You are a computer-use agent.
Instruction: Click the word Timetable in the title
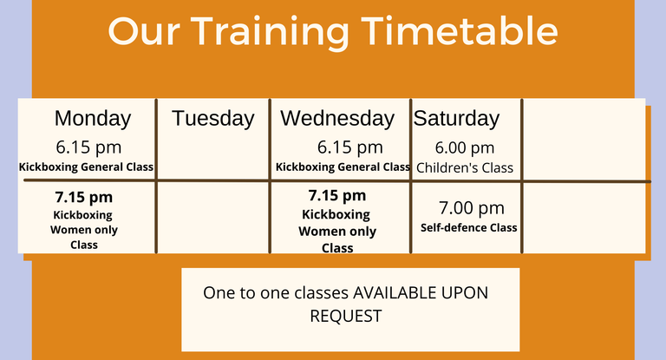460,31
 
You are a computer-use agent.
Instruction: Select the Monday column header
93,118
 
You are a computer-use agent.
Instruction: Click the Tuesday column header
212,118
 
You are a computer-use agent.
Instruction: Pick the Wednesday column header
337,118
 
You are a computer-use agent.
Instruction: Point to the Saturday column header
457,118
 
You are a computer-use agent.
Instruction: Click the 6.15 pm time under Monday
88,147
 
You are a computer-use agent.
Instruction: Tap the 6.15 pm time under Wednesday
350,147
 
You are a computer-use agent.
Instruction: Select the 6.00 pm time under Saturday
465,148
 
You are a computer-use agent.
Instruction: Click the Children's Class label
465,168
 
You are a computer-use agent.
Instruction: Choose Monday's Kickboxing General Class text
86,167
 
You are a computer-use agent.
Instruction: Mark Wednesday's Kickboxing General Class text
343,167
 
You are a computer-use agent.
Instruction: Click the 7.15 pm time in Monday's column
83,197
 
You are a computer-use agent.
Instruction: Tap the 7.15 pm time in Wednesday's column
336,195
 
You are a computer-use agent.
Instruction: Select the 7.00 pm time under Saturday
472,208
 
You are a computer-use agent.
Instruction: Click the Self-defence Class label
469,228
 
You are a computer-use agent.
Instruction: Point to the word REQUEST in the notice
346,317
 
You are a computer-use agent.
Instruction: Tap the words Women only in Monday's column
83,230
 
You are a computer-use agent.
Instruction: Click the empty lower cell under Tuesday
212,218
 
